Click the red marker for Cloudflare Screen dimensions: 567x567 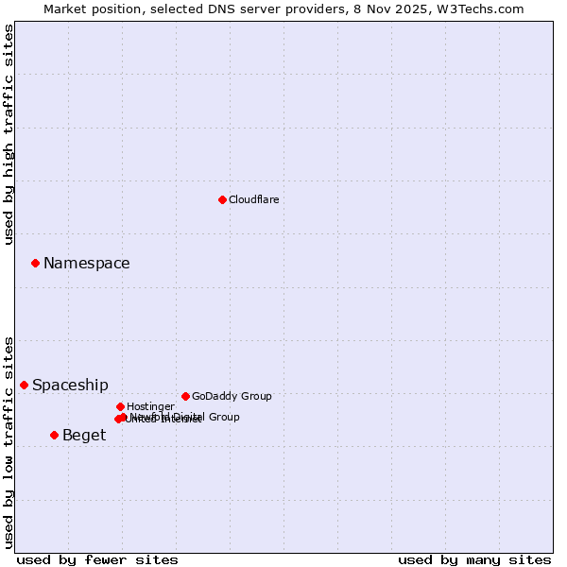point(222,199)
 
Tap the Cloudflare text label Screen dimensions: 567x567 point(253,199)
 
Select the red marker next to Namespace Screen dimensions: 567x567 point(35,263)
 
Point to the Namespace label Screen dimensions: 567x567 point(86,264)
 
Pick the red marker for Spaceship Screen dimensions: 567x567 point(24,385)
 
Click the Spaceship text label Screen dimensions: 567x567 point(70,386)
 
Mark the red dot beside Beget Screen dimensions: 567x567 point(54,435)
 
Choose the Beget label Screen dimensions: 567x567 point(84,436)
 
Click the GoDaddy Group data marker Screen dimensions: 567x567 point(185,396)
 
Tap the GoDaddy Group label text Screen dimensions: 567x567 point(232,396)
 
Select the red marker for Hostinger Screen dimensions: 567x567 point(120,406)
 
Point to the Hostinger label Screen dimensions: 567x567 point(150,406)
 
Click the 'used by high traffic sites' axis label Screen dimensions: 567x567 point(9,134)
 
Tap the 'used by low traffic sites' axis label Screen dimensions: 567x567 point(9,442)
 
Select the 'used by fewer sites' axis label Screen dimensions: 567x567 point(97,559)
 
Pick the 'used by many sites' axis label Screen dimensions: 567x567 point(474,559)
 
